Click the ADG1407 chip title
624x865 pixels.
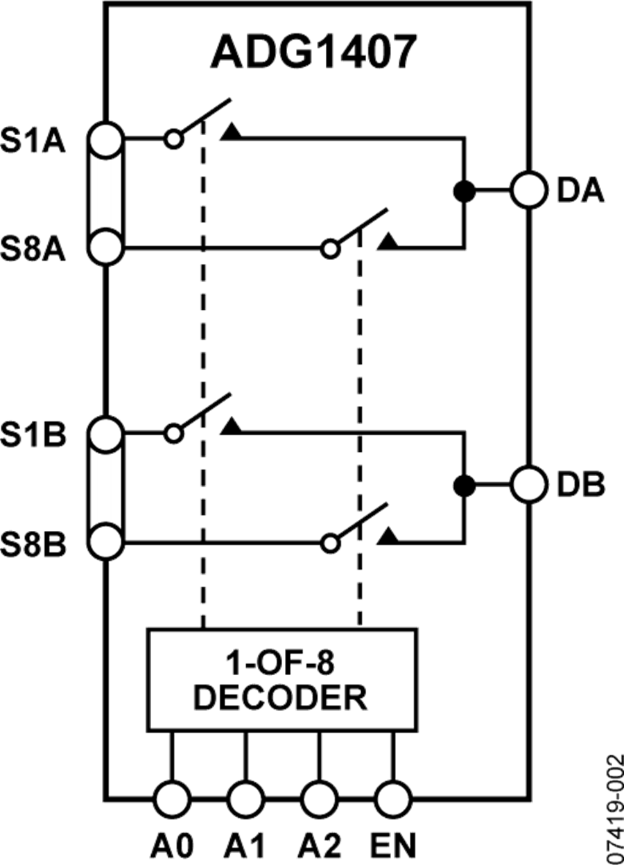313,52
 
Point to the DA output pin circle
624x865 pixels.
530,189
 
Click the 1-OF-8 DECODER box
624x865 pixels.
281,678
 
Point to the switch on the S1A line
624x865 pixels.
201,125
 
